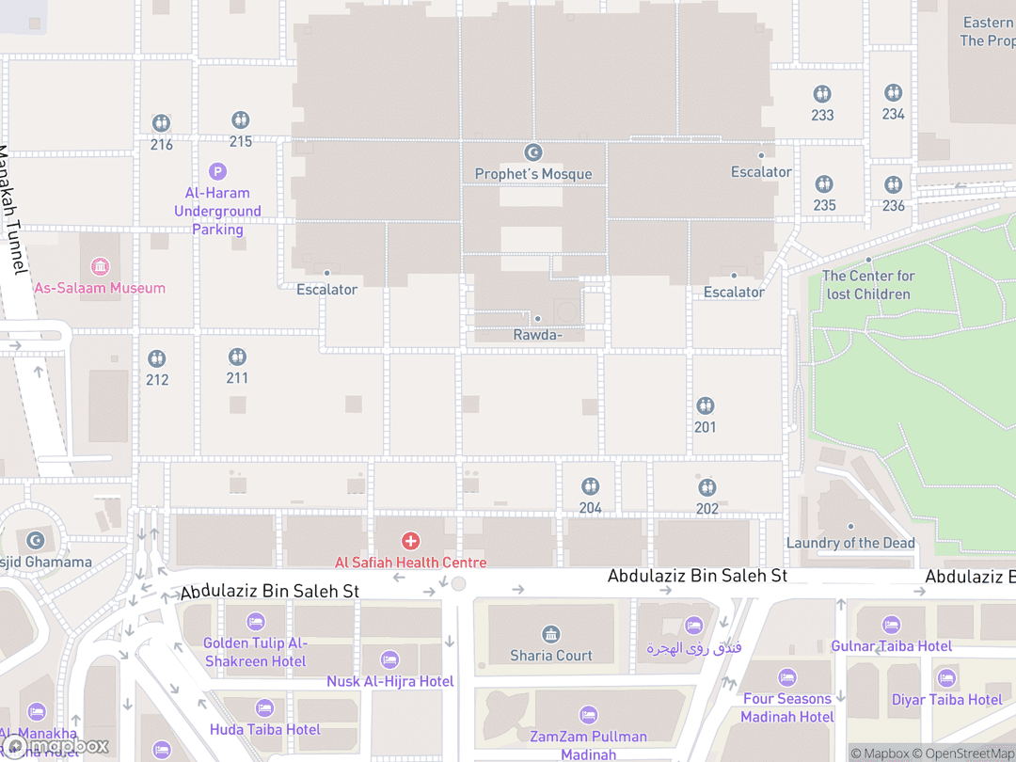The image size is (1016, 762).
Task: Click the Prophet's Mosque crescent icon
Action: click(x=533, y=152)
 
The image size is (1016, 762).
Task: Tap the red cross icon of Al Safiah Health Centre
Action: click(x=411, y=541)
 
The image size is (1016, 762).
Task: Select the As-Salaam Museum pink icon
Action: click(x=100, y=266)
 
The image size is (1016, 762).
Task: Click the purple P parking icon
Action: click(x=217, y=171)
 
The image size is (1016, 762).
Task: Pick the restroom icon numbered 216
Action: click(x=161, y=123)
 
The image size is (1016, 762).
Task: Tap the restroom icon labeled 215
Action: click(x=240, y=120)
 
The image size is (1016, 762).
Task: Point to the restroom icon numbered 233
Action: click(x=822, y=94)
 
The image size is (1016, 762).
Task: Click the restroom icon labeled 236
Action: click(x=893, y=184)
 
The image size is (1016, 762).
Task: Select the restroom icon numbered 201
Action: click(x=706, y=405)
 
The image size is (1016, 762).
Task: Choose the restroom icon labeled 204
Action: click(x=590, y=486)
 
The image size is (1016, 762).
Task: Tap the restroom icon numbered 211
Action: click(x=237, y=357)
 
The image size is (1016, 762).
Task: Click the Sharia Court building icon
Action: click(x=551, y=634)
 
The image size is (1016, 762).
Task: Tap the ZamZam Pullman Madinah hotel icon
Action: click(x=588, y=715)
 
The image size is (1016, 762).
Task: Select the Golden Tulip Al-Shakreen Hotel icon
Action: click(x=255, y=622)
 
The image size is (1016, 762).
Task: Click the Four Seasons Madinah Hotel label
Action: click(x=787, y=707)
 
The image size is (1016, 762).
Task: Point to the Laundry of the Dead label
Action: click(x=850, y=543)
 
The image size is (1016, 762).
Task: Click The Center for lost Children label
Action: click(x=868, y=284)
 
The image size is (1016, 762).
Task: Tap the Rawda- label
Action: click(x=538, y=335)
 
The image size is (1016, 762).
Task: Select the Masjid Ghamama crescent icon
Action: click(x=36, y=541)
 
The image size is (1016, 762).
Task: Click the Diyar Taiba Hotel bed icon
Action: click(x=946, y=678)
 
